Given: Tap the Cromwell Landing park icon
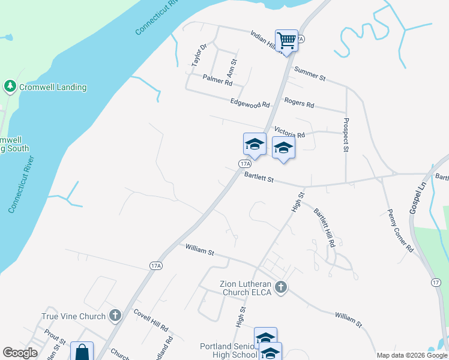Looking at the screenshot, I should pyautogui.click(x=10, y=87).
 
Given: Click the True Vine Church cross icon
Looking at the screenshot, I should pyautogui.click(x=115, y=316).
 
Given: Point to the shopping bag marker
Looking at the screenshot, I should pyautogui.click(x=82, y=352).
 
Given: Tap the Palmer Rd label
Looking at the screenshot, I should pyautogui.click(x=217, y=79).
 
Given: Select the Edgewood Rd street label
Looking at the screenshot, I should pyautogui.click(x=250, y=104).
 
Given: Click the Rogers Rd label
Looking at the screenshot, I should pyautogui.click(x=299, y=104).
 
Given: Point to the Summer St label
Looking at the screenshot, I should pyautogui.click(x=309, y=74).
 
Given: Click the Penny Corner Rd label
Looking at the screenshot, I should pyautogui.click(x=400, y=230).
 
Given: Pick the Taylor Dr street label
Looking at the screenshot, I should pyautogui.click(x=199, y=55).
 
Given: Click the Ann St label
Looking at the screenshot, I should pyautogui.click(x=232, y=67).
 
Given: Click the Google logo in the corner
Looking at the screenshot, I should pyautogui.click(x=20, y=353).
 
